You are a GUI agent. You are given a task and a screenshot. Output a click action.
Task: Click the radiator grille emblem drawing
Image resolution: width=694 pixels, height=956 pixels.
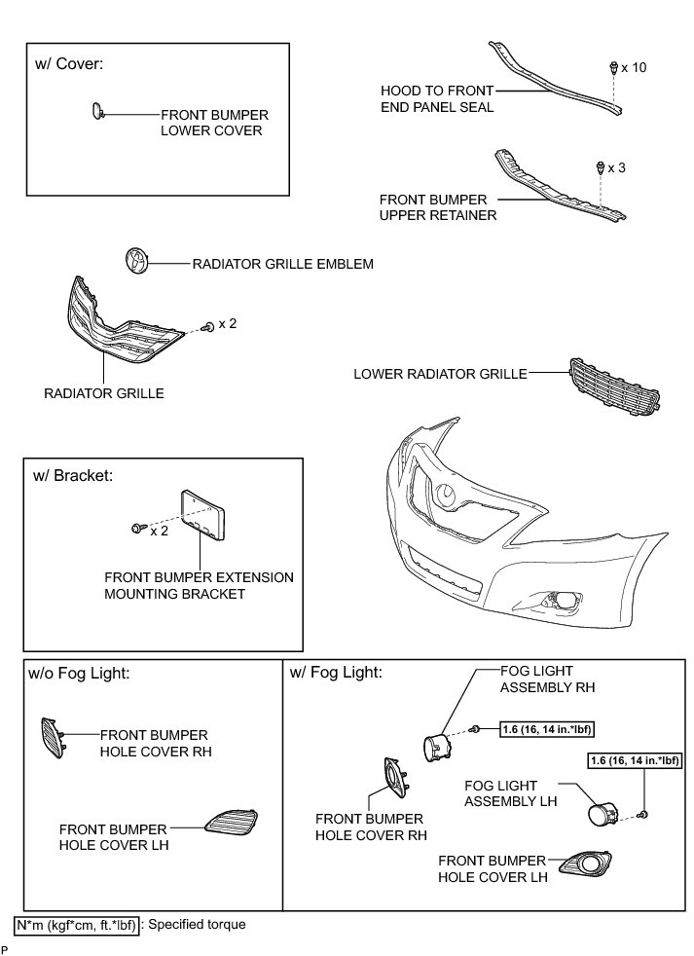click(138, 263)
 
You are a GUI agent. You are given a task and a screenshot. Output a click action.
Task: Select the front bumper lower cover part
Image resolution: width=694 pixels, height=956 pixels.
click(97, 113)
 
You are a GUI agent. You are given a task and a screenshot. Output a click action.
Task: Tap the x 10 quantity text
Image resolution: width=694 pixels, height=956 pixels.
click(633, 68)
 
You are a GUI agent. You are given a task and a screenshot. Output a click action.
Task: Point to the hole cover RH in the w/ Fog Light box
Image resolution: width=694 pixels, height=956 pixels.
click(393, 776)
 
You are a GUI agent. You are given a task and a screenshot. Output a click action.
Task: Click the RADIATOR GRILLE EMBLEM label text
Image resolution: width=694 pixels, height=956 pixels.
click(282, 264)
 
